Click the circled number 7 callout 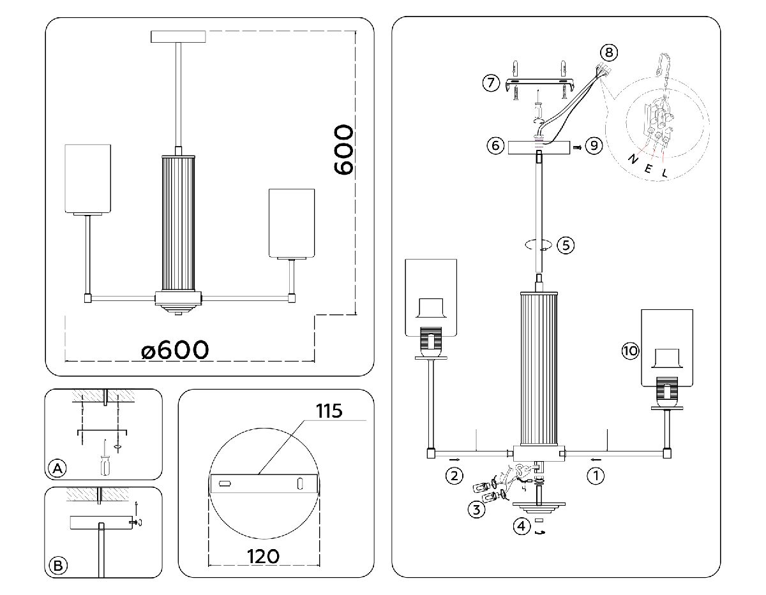[x=490, y=83]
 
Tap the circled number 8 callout [x=609, y=52]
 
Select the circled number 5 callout [x=565, y=245]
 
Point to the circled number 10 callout [x=630, y=350]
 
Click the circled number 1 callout [x=595, y=475]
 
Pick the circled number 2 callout [x=454, y=475]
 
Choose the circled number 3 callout [x=476, y=509]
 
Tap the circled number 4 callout [x=522, y=526]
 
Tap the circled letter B [x=57, y=566]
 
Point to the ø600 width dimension [x=175, y=349]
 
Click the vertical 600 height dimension [x=343, y=150]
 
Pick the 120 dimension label [x=263, y=556]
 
